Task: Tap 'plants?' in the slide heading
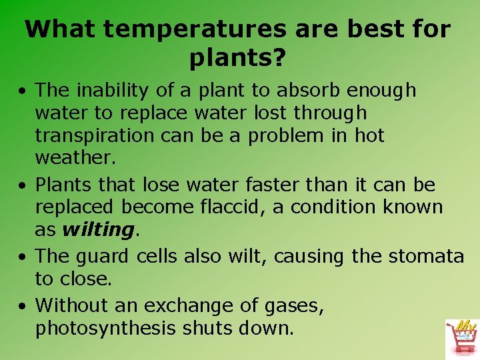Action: click(x=238, y=59)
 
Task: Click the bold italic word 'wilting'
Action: click(x=98, y=230)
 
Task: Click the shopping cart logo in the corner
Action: click(x=460, y=338)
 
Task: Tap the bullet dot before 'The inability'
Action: click(x=23, y=91)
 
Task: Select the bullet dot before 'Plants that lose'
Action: click(x=23, y=185)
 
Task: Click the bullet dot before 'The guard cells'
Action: click(x=23, y=257)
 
